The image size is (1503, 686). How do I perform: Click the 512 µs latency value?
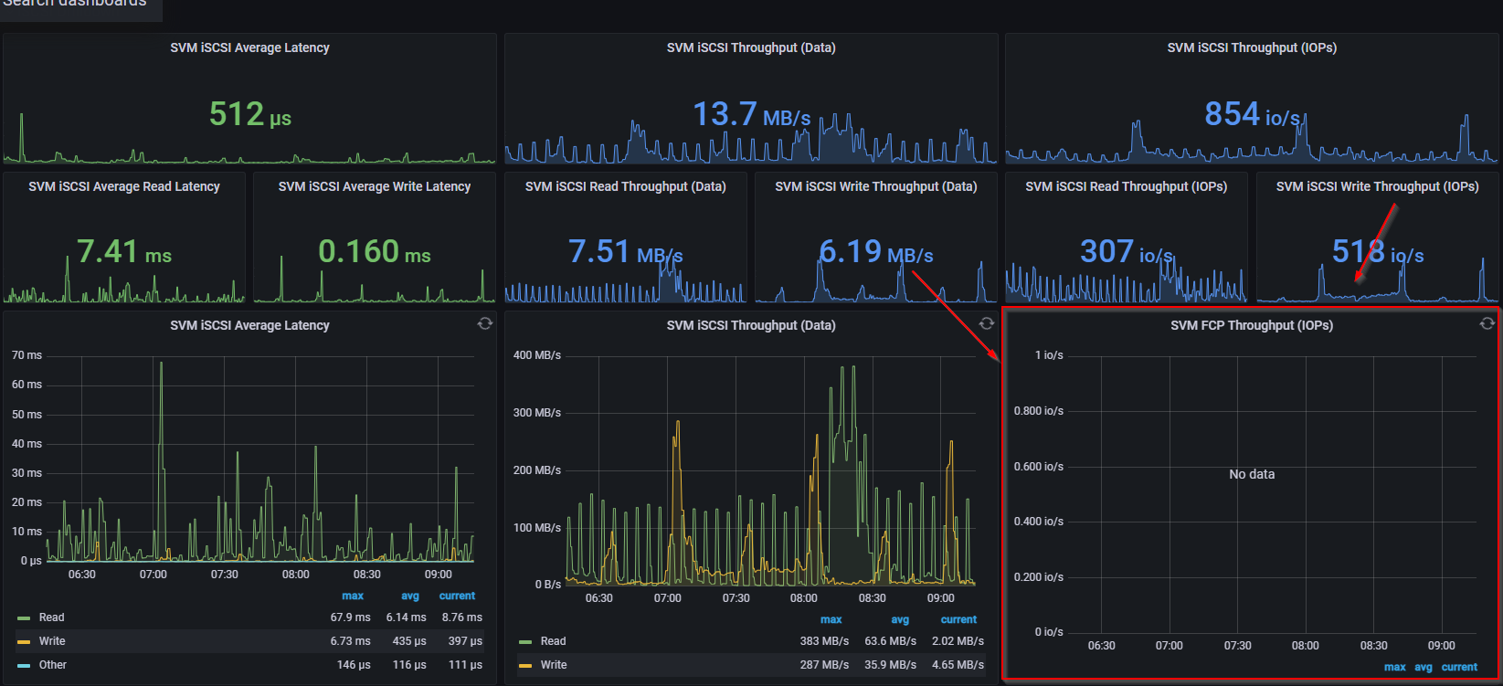click(x=249, y=115)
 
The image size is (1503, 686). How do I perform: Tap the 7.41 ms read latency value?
click(x=123, y=252)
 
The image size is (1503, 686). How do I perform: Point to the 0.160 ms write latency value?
click(x=374, y=252)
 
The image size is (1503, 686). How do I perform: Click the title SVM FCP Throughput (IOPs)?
click(x=1251, y=325)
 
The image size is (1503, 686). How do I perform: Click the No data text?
click(x=1251, y=474)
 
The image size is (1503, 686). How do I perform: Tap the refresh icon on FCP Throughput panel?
click(x=1487, y=323)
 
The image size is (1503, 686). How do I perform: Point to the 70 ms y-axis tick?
click(x=26, y=355)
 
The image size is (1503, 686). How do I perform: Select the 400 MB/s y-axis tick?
click(x=536, y=355)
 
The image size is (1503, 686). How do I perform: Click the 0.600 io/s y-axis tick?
click(x=1038, y=467)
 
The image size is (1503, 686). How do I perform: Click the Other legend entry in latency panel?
click(x=52, y=665)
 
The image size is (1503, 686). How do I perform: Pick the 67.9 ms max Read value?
click(x=350, y=617)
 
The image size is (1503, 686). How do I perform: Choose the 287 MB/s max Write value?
click(x=824, y=665)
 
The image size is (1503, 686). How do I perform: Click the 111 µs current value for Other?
click(x=465, y=665)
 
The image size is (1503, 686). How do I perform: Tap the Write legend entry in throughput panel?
click(x=553, y=665)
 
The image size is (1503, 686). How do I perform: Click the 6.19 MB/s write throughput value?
click(x=875, y=252)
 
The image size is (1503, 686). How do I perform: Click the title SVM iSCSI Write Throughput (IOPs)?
click(x=1377, y=186)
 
